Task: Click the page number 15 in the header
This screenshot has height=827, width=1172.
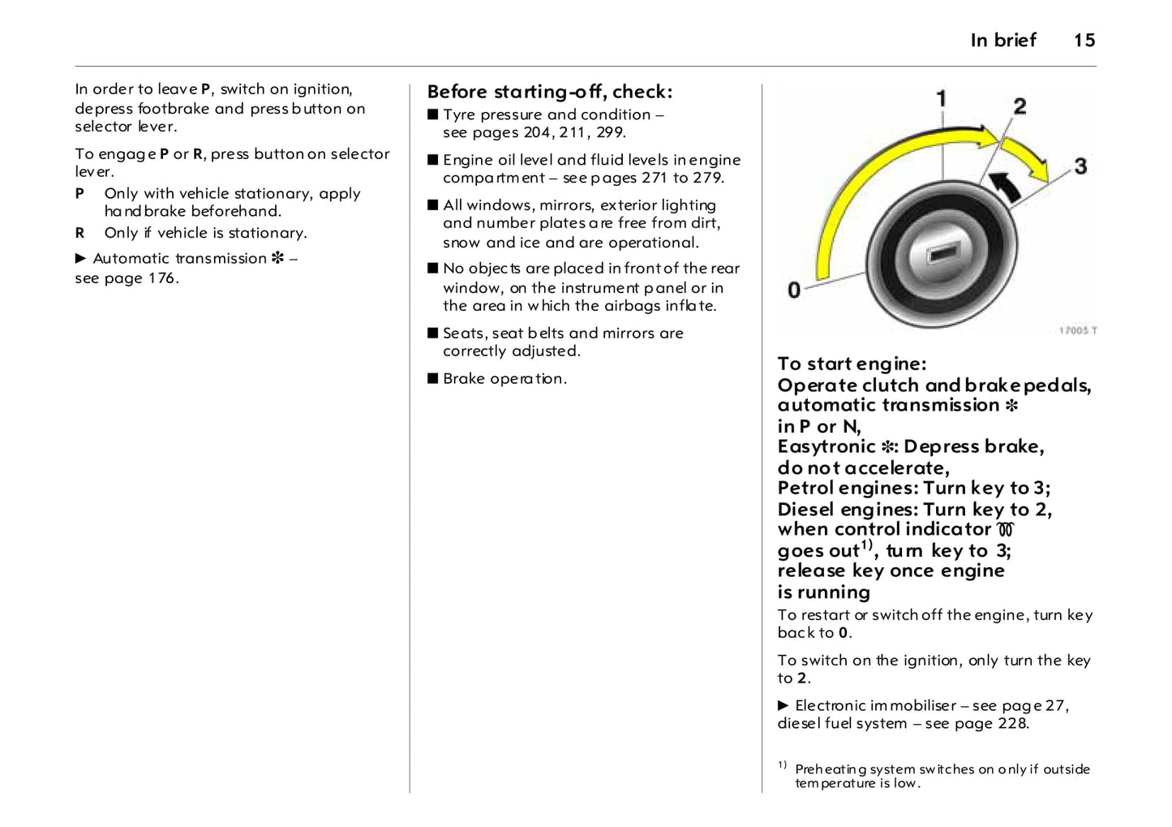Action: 1084,41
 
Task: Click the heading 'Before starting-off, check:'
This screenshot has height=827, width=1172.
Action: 549,91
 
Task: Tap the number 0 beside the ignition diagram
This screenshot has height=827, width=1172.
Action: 794,290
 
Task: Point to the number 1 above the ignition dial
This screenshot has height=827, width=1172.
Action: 941,99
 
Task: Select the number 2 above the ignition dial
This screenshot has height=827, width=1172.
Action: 1020,106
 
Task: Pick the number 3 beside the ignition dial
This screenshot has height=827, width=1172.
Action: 1080,166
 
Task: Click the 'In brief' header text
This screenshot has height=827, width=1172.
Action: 1002,41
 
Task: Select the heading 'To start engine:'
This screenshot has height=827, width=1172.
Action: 851,364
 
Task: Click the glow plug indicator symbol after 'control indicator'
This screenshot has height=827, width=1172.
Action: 1006,530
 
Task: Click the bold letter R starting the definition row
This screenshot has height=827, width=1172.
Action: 80,233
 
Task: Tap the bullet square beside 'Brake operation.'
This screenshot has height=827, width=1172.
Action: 433,378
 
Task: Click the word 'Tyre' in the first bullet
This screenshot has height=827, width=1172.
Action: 459,114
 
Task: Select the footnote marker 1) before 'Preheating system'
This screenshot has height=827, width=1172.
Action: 782,765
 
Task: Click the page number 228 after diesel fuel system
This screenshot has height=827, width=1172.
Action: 1011,723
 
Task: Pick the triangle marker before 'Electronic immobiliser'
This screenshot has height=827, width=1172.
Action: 783,705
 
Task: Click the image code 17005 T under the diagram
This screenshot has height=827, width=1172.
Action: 1077,330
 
